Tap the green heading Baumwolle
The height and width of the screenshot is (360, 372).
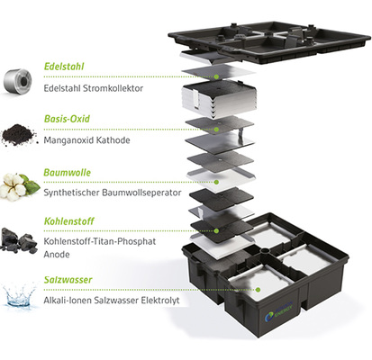[x=68, y=172]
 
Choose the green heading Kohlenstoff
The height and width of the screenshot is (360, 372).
[x=71, y=225]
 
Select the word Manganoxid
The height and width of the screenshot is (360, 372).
[x=71, y=139]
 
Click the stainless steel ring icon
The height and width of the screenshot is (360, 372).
[x=18, y=79]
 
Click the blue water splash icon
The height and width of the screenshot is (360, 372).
[x=19, y=295]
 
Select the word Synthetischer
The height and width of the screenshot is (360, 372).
[x=70, y=191]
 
